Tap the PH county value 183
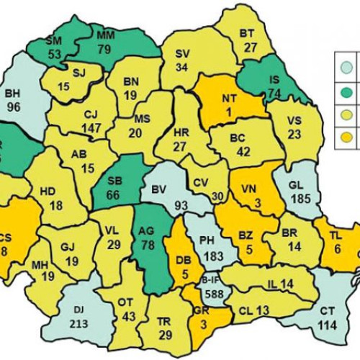[210, 256]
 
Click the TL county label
[336, 235]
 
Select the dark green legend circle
[345, 91]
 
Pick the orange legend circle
[345, 138]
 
